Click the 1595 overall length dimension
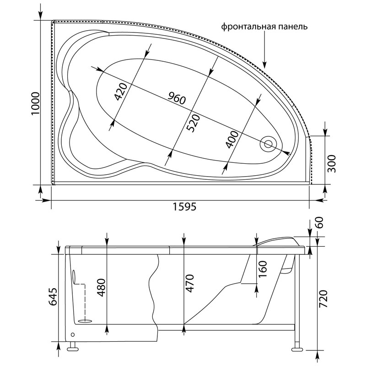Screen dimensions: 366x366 [x=184, y=207]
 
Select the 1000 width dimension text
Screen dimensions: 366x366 [x=36, y=104]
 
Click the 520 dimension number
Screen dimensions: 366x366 [x=194, y=123]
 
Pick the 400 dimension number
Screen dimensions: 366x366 [x=232, y=140]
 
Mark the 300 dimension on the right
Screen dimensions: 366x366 [x=331, y=164]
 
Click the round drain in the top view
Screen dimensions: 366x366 [x=268, y=144]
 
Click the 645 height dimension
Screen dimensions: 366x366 [x=53, y=296]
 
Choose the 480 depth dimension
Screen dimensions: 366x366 [x=101, y=288]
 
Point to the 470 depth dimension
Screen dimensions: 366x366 [x=189, y=284]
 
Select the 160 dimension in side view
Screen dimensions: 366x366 [x=263, y=269]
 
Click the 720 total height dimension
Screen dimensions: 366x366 [x=323, y=299]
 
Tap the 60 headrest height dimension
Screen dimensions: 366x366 [x=319, y=222]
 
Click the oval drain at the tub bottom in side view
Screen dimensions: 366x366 [x=85, y=321]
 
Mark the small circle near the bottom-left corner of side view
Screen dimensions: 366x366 [x=73, y=334]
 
